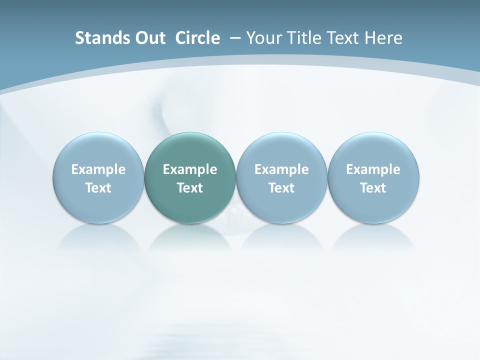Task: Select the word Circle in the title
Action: (x=197, y=38)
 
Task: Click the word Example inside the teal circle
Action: (x=190, y=169)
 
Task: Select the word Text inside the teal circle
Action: (x=190, y=188)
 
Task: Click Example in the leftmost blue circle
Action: (x=98, y=169)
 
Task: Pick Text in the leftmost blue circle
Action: (x=98, y=188)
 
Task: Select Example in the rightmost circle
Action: (x=373, y=169)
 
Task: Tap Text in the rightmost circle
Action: (x=373, y=188)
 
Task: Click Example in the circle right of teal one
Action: (x=281, y=169)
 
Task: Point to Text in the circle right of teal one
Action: (x=281, y=188)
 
